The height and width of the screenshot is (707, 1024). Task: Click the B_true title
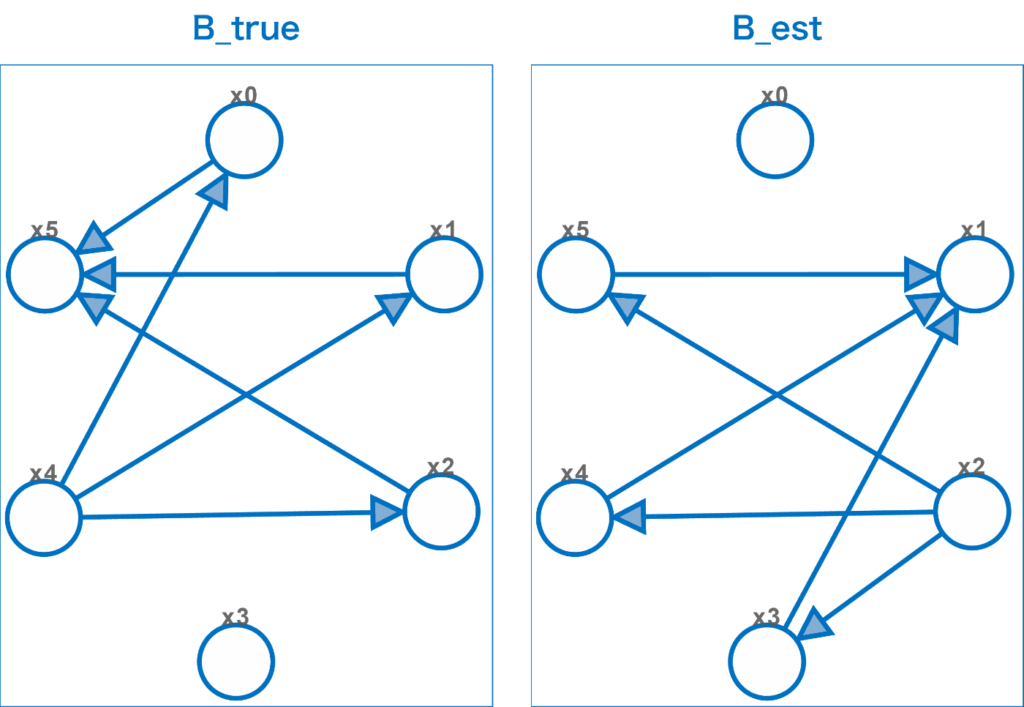(246, 29)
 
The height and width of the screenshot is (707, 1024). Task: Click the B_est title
(777, 29)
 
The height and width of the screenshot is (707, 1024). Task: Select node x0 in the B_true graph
(244, 140)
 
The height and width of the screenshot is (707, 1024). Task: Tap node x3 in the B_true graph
(236, 662)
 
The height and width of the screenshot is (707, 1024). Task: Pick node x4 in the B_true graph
(44, 517)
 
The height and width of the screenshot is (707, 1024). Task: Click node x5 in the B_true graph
(45, 274)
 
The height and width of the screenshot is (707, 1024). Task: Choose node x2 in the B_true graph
(441, 511)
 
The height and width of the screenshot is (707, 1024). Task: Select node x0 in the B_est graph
(775, 140)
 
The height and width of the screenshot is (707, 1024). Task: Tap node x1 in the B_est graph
(975, 274)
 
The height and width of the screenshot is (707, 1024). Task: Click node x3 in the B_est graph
(767, 662)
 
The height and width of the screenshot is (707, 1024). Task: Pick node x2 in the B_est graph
(972, 511)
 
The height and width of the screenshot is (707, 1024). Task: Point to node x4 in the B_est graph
(575, 517)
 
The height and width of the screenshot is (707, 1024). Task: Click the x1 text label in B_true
(443, 230)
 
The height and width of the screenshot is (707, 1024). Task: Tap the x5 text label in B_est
(576, 230)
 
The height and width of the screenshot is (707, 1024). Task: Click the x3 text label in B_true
(236, 617)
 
